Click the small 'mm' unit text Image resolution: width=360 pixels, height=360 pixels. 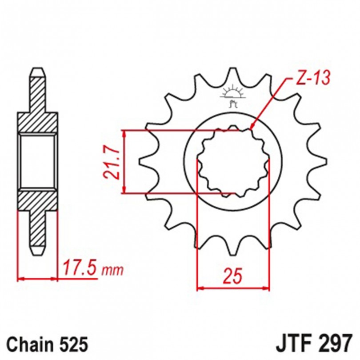[x=113, y=271]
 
